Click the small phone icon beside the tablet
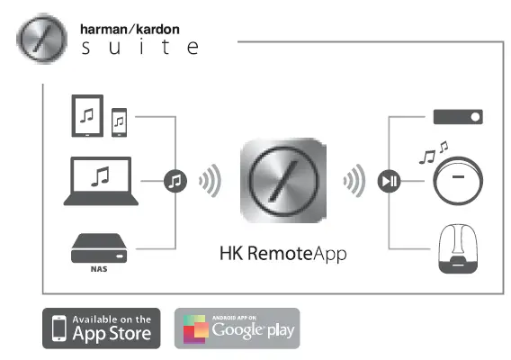click(x=120, y=123)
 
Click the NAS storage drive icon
click(x=99, y=245)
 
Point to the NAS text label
click(x=99, y=266)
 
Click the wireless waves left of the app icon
click(x=209, y=181)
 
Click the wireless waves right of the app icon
click(x=354, y=181)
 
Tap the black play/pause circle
click(x=386, y=181)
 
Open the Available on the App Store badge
click(x=102, y=329)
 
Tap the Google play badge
click(x=237, y=329)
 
